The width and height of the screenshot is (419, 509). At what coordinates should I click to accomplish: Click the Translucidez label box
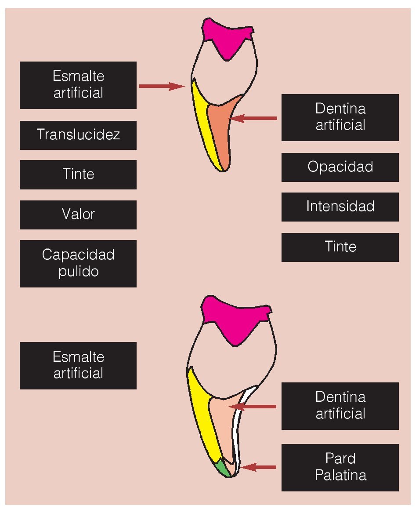(x=78, y=135)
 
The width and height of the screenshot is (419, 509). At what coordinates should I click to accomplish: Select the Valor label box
(x=78, y=215)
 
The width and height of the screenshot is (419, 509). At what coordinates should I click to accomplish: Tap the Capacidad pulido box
(x=78, y=263)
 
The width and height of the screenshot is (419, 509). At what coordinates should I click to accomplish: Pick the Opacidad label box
(x=340, y=167)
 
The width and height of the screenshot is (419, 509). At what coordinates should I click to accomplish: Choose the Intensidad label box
(x=340, y=207)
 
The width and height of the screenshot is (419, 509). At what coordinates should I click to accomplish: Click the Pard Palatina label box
(x=340, y=467)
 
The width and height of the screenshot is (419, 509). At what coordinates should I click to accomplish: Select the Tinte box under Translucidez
(x=78, y=175)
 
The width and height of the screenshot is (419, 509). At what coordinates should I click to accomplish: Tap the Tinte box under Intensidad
(x=340, y=247)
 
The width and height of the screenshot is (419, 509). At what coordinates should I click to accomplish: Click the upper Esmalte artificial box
(x=78, y=85)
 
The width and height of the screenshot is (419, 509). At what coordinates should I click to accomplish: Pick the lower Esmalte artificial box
(x=78, y=365)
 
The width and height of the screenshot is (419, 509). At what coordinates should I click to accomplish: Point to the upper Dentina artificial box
(x=340, y=117)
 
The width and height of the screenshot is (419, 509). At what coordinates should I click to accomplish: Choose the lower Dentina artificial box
(x=340, y=406)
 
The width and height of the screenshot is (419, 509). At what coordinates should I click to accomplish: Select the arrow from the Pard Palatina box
(x=259, y=467)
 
